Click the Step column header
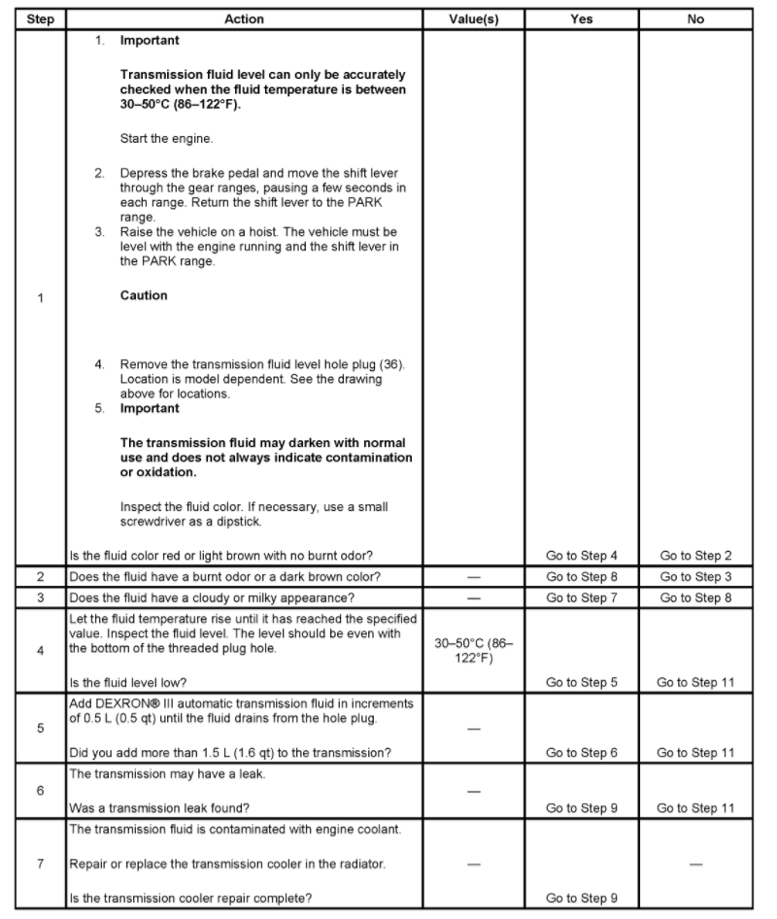[40, 18]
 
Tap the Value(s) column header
[474, 18]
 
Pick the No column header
[695, 18]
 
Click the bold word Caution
[144, 295]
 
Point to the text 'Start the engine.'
[167, 139]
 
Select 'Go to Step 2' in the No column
[695, 556]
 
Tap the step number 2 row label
[40, 576]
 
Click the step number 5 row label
[40, 727]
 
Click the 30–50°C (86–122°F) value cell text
[474, 650]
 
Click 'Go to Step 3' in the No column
[695, 576]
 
